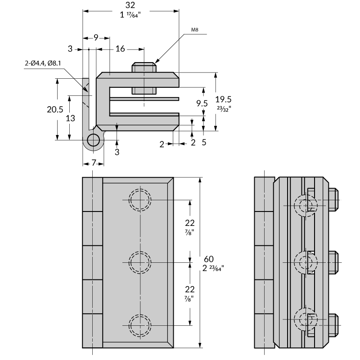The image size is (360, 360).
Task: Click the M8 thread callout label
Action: point(195,30)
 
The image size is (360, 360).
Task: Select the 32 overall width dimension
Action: point(130,5)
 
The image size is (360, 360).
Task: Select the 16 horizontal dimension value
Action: point(120,49)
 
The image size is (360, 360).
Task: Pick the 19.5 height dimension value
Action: point(223,99)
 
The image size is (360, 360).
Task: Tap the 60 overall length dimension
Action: point(209,259)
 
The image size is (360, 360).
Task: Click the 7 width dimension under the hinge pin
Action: point(94,162)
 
